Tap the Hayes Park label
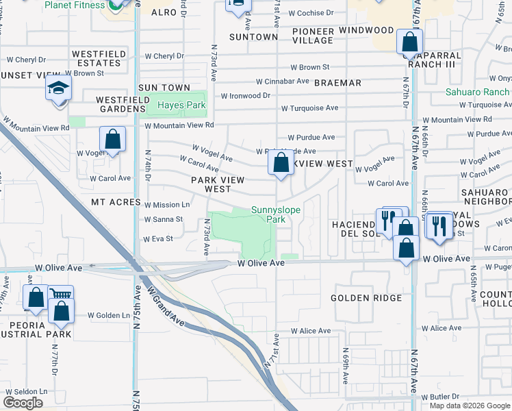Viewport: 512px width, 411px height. click(x=181, y=105)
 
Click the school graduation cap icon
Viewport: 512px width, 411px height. click(x=59, y=88)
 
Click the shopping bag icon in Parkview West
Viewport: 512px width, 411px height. click(x=281, y=163)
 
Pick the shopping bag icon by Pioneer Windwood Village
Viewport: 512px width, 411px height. click(x=409, y=42)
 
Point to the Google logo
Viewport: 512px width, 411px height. click(x=23, y=403)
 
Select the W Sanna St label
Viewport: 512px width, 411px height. click(x=163, y=220)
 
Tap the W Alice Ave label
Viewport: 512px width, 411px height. click(x=310, y=331)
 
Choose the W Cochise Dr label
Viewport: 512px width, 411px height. click(x=311, y=13)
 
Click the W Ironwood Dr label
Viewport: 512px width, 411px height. click(x=245, y=96)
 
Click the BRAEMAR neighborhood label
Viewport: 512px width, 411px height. click(x=338, y=83)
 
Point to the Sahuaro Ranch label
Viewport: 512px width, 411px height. click(x=478, y=92)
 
